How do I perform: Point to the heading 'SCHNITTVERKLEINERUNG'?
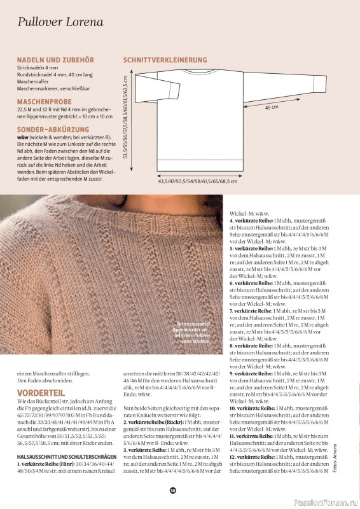165,60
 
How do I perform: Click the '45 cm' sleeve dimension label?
272,107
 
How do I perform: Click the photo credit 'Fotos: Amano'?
333,470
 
